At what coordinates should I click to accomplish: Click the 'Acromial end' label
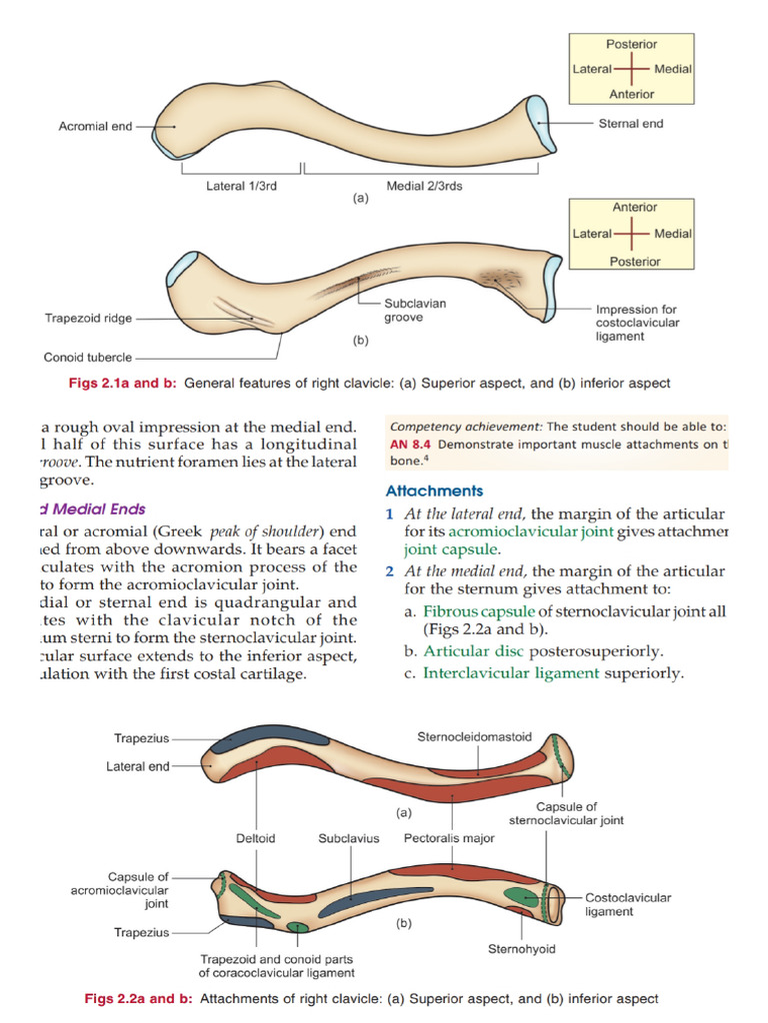95,127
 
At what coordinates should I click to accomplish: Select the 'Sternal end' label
630,124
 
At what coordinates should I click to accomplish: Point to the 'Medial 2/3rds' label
424,186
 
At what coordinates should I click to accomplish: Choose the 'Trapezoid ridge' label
88,319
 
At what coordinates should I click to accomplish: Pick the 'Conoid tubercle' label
87,357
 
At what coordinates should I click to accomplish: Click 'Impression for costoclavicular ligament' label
637,323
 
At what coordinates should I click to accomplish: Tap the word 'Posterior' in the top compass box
631,44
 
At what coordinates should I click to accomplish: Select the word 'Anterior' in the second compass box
634,207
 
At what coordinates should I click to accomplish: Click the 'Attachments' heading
434,491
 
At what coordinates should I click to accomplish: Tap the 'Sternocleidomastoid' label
476,736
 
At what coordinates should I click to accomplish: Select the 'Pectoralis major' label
449,838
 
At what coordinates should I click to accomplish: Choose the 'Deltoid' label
256,838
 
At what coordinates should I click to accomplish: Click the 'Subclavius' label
349,838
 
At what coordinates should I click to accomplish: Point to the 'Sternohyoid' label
521,948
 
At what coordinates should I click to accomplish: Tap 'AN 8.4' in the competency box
410,443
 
